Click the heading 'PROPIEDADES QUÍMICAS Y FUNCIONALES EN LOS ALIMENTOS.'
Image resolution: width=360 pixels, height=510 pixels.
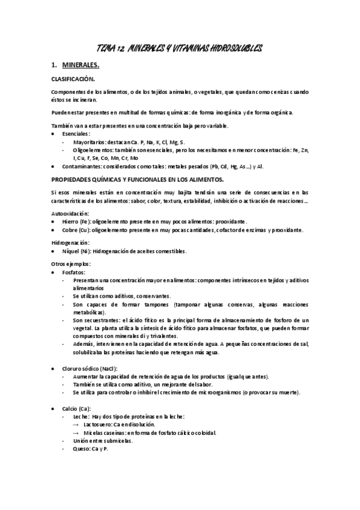[x=138, y=179]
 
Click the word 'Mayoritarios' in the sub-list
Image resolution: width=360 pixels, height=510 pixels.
[x=90, y=141]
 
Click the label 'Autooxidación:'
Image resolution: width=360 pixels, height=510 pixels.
[x=70, y=214]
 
